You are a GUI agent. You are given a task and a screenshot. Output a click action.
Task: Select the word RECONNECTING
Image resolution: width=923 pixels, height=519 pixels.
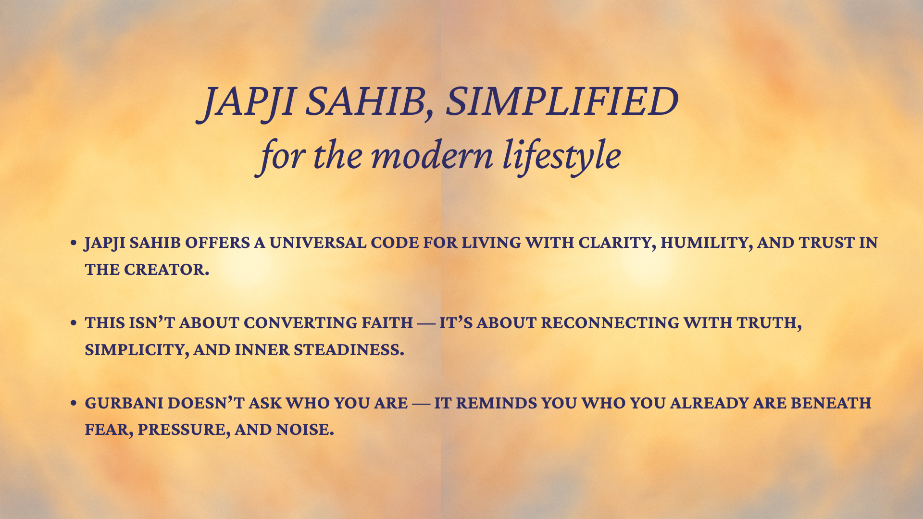pos(610,323)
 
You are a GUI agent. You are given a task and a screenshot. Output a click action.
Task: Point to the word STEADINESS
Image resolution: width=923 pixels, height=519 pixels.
pos(349,350)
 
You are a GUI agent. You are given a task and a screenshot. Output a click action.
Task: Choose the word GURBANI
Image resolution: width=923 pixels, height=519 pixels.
pos(124,403)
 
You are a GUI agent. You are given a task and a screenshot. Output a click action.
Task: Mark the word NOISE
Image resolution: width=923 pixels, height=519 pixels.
pos(305,430)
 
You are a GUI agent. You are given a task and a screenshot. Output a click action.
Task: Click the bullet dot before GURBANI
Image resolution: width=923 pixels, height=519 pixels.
pos(74,403)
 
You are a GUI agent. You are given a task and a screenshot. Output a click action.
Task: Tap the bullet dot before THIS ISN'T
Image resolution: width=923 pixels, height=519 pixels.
pos(74,323)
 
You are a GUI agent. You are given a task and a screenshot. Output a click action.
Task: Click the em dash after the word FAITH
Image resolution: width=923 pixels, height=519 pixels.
pos(426,324)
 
